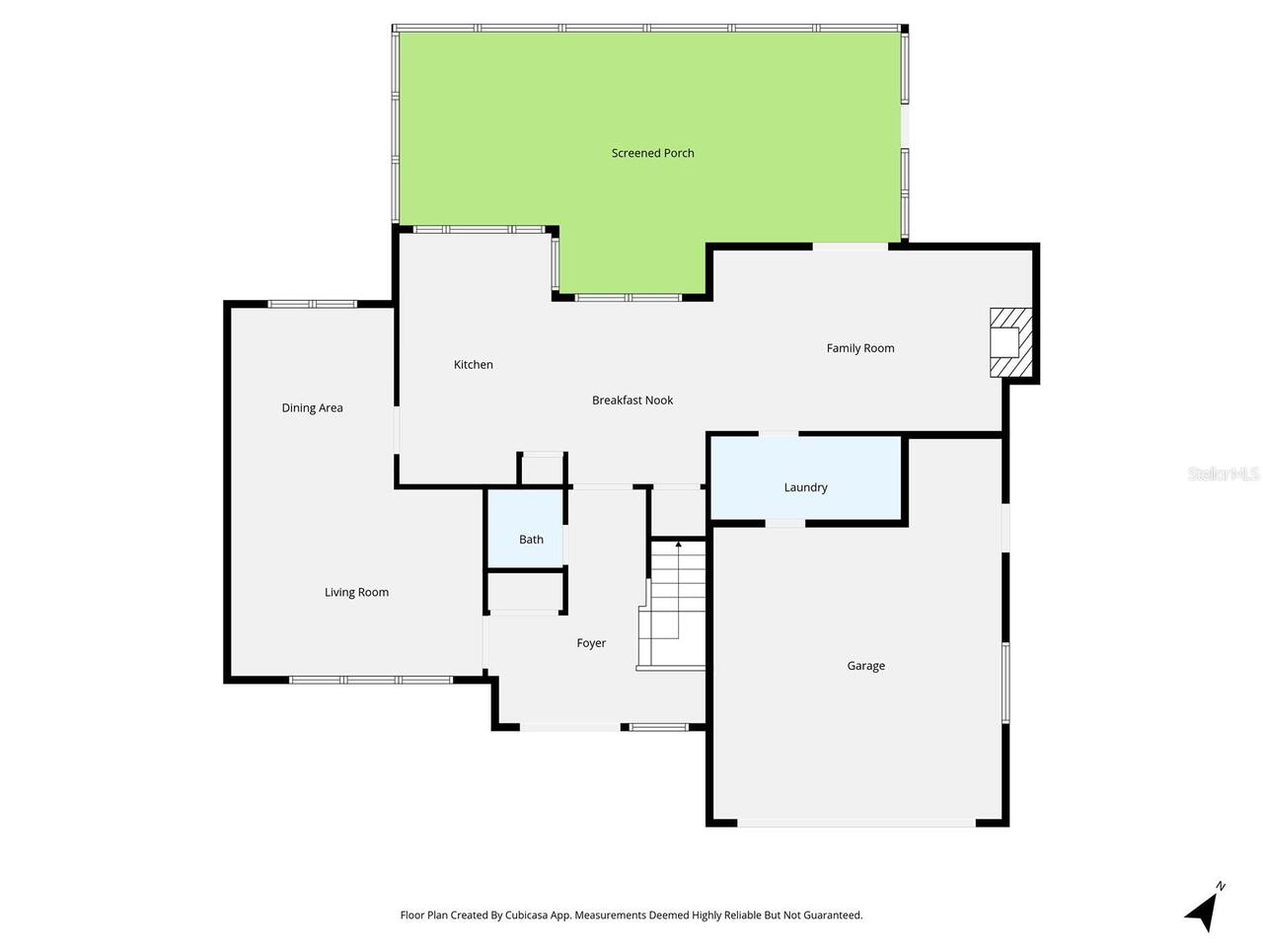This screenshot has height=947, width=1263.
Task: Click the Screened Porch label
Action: pos(652,153)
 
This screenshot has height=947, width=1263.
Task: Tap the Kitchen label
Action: pos(473,365)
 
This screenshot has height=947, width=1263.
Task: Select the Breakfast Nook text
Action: pos(632,401)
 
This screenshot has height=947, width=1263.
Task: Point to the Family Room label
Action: pos(860,348)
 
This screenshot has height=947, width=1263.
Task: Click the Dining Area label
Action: pos(312,408)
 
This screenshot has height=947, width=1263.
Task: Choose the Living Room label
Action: pos(356,593)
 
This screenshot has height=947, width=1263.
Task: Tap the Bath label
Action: pos(531,540)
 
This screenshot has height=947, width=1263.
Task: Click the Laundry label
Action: pos(805,487)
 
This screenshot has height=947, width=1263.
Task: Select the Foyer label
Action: pos(591,643)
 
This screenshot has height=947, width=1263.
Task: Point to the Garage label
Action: pos(865,666)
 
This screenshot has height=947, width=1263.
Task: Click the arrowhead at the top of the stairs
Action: pos(678,544)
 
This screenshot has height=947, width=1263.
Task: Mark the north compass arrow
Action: pos(1203,910)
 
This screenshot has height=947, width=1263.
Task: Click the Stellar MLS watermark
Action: pos(1224,474)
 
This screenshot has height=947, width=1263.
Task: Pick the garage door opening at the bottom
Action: pos(855,823)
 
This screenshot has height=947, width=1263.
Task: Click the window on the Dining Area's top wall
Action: pos(313,304)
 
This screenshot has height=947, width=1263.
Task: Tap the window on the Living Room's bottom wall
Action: pos(371,680)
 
